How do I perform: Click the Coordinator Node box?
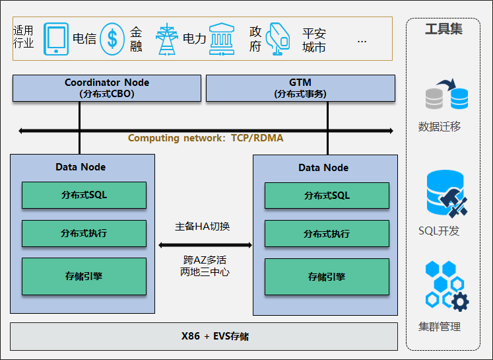(x=107, y=88)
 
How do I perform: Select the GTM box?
(x=300, y=88)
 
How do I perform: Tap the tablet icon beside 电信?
(x=56, y=39)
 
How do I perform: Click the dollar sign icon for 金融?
(x=112, y=39)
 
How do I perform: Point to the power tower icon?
(x=167, y=39)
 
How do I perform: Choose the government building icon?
(x=222, y=39)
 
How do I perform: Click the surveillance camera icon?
(x=278, y=39)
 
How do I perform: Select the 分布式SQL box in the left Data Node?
(x=84, y=195)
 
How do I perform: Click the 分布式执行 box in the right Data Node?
(x=327, y=233)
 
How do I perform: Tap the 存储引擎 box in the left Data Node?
(x=84, y=276)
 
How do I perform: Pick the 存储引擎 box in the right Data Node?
(x=327, y=277)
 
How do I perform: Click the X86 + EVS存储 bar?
(x=204, y=336)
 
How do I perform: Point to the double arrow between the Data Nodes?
(x=205, y=245)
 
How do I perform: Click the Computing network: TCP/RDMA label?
(x=206, y=138)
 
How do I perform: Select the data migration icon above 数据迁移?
(x=447, y=94)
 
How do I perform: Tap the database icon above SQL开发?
(x=447, y=194)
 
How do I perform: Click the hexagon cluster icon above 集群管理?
(x=447, y=286)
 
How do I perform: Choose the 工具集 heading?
(x=444, y=29)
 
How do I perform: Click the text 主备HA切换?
(x=203, y=227)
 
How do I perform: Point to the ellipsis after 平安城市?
(x=362, y=42)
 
